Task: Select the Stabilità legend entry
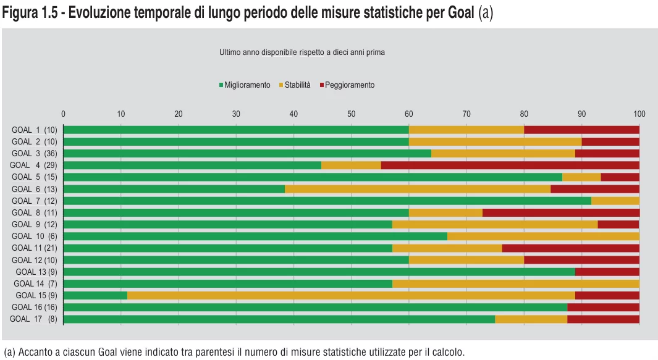tap(297, 85)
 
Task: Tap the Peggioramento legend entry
tap(350, 85)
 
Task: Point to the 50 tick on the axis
tap(351, 114)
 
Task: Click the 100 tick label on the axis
tap(639, 114)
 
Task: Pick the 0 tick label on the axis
tap(63, 114)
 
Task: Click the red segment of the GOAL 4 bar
tap(510, 165)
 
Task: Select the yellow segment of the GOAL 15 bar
tap(351, 295)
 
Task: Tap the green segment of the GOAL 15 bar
tap(95, 295)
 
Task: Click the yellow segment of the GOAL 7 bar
tap(615, 201)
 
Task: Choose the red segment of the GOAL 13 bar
tap(607, 272)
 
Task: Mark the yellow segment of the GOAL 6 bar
tap(418, 189)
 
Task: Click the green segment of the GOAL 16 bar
tap(315, 307)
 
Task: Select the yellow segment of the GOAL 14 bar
tap(516, 283)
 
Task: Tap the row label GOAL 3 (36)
tap(35, 153)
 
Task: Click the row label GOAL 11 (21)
tap(35, 248)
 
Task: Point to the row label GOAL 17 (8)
tap(35, 319)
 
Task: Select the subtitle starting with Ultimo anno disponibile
tap(302, 52)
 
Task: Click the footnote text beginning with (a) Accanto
tap(233, 352)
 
